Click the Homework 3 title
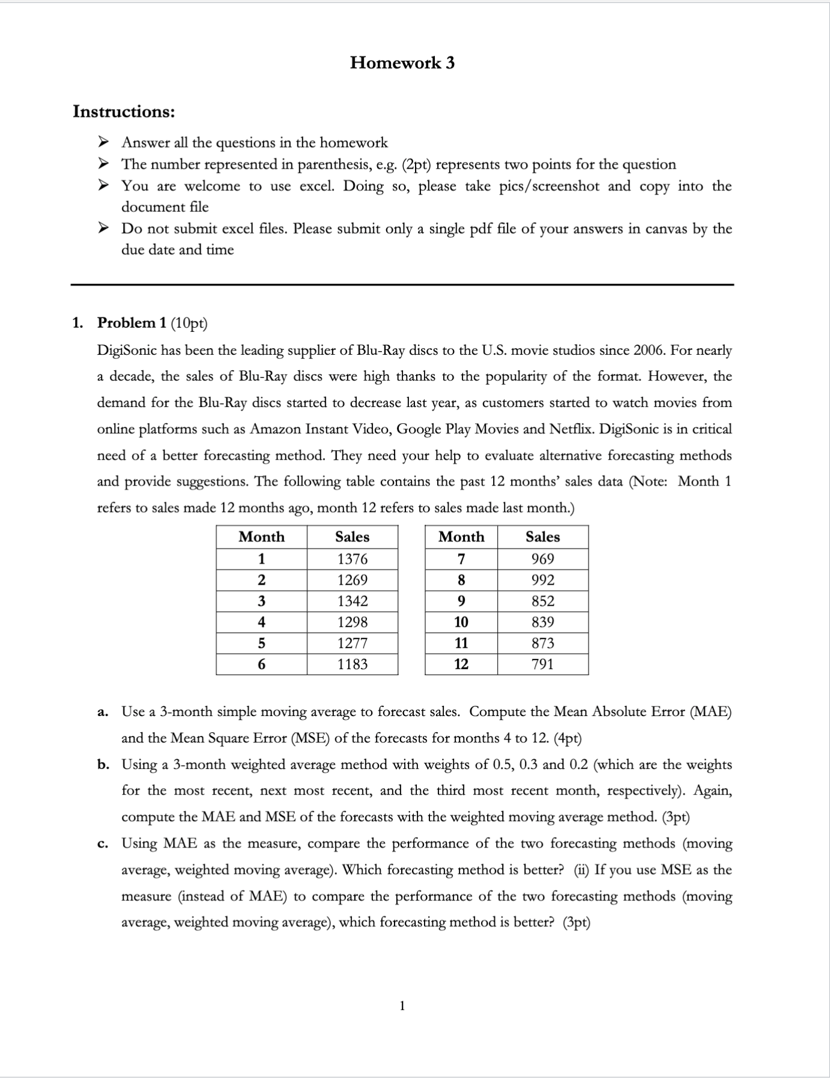(x=402, y=62)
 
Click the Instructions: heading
(x=124, y=112)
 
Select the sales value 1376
(x=352, y=559)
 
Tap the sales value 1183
(x=352, y=664)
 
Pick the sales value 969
(x=542, y=559)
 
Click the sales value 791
(x=542, y=664)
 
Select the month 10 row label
(x=461, y=622)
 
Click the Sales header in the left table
(x=352, y=537)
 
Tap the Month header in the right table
(x=461, y=537)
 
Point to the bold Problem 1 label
(x=132, y=323)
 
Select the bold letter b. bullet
(x=103, y=765)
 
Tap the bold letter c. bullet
(x=103, y=844)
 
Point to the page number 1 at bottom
(x=402, y=1005)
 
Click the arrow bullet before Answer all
(x=103, y=142)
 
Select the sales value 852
(x=542, y=601)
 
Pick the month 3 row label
(x=261, y=601)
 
